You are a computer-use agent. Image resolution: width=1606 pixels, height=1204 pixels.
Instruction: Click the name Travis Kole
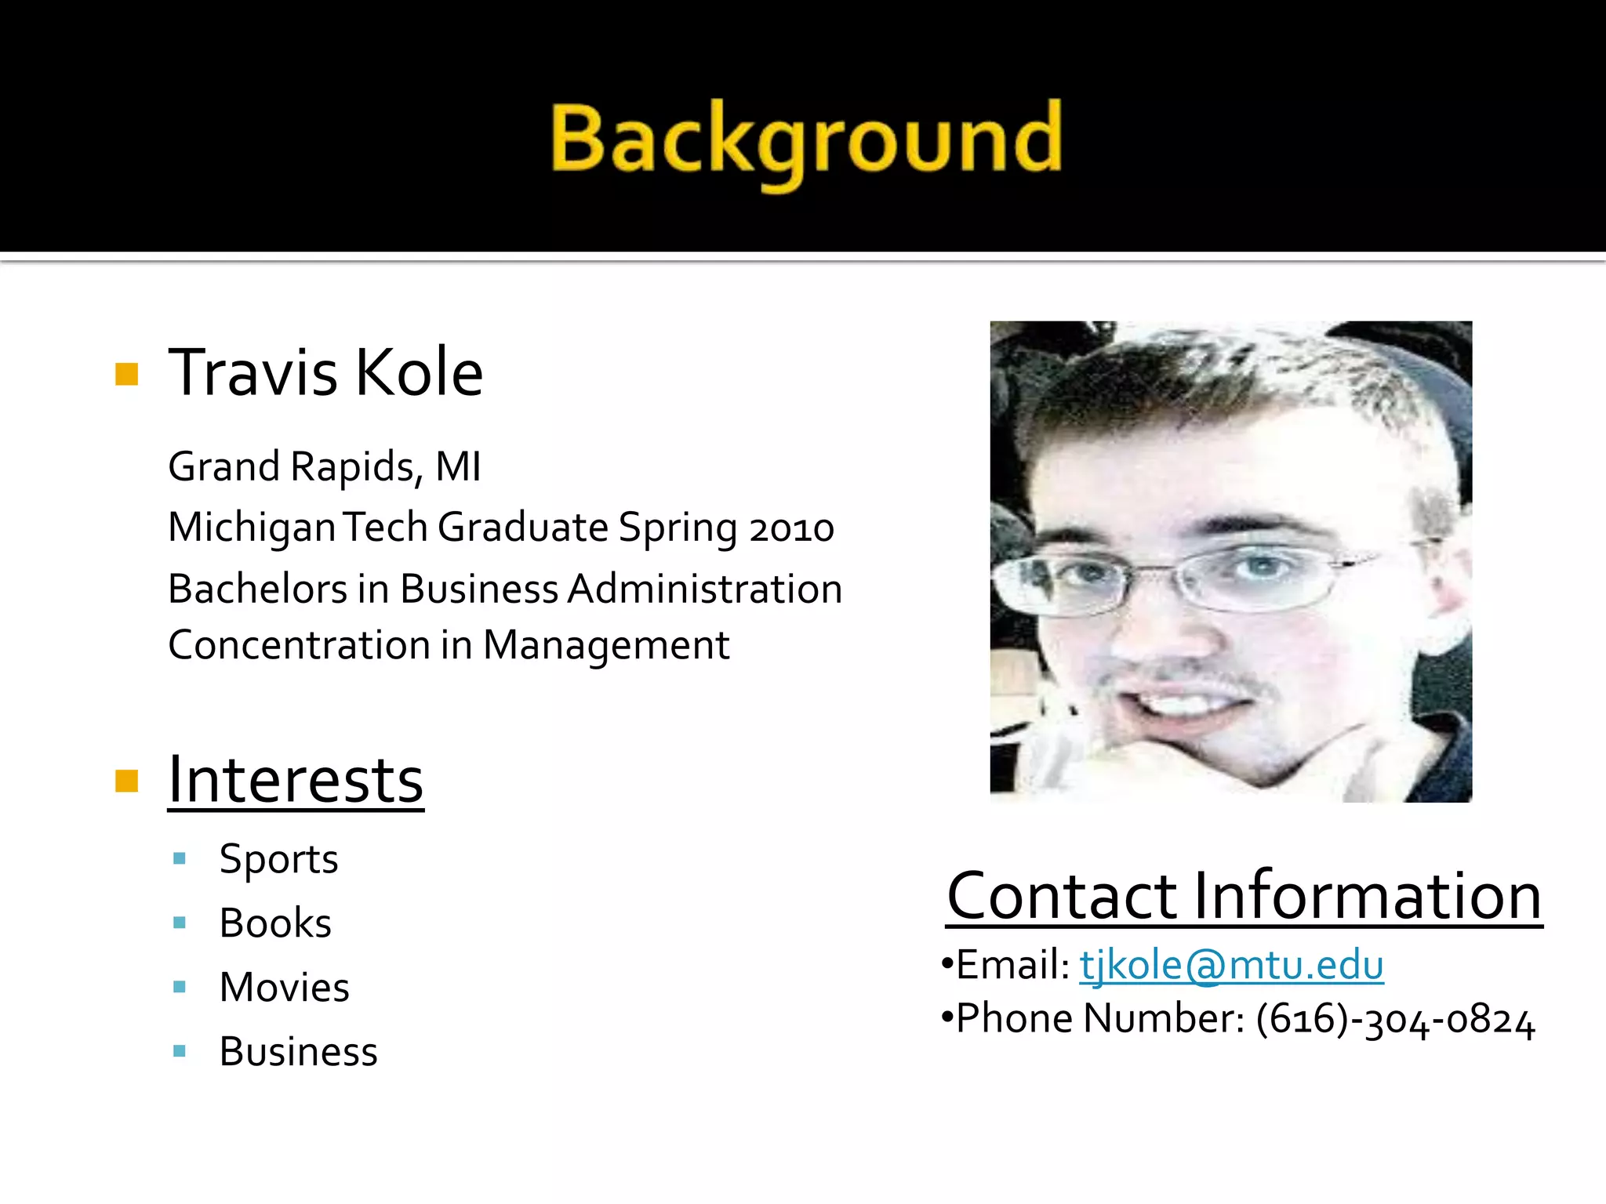(x=325, y=372)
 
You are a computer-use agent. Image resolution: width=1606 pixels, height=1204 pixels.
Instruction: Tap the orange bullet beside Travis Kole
(x=126, y=374)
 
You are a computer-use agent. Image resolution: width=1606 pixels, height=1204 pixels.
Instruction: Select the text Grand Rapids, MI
(x=325, y=467)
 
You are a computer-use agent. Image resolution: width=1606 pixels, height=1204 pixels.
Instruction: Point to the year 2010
(x=791, y=528)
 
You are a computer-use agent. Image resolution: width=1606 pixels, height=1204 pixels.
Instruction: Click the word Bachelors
(x=257, y=589)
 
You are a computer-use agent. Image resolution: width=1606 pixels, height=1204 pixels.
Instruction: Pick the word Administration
(x=705, y=589)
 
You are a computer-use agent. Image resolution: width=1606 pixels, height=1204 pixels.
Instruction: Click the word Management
(x=606, y=646)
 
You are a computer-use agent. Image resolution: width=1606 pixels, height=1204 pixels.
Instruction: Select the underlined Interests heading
(x=296, y=780)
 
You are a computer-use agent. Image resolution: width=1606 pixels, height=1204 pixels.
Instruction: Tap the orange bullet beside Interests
(x=126, y=781)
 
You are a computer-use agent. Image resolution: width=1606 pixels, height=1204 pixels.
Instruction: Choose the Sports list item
(x=278, y=859)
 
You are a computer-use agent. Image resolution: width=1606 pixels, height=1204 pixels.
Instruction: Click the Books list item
(x=275, y=923)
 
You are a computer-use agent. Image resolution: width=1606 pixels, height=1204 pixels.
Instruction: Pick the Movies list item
(x=284, y=988)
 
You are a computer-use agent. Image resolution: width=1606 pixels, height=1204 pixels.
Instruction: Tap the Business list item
(x=298, y=1052)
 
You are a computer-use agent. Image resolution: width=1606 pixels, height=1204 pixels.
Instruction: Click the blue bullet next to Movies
(x=180, y=987)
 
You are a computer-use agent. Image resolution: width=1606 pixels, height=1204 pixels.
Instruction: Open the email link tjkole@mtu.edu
(x=1231, y=965)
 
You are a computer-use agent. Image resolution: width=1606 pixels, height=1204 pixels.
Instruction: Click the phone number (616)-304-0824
(x=1395, y=1020)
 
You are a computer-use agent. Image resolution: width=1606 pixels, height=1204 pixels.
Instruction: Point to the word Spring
(x=678, y=528)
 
